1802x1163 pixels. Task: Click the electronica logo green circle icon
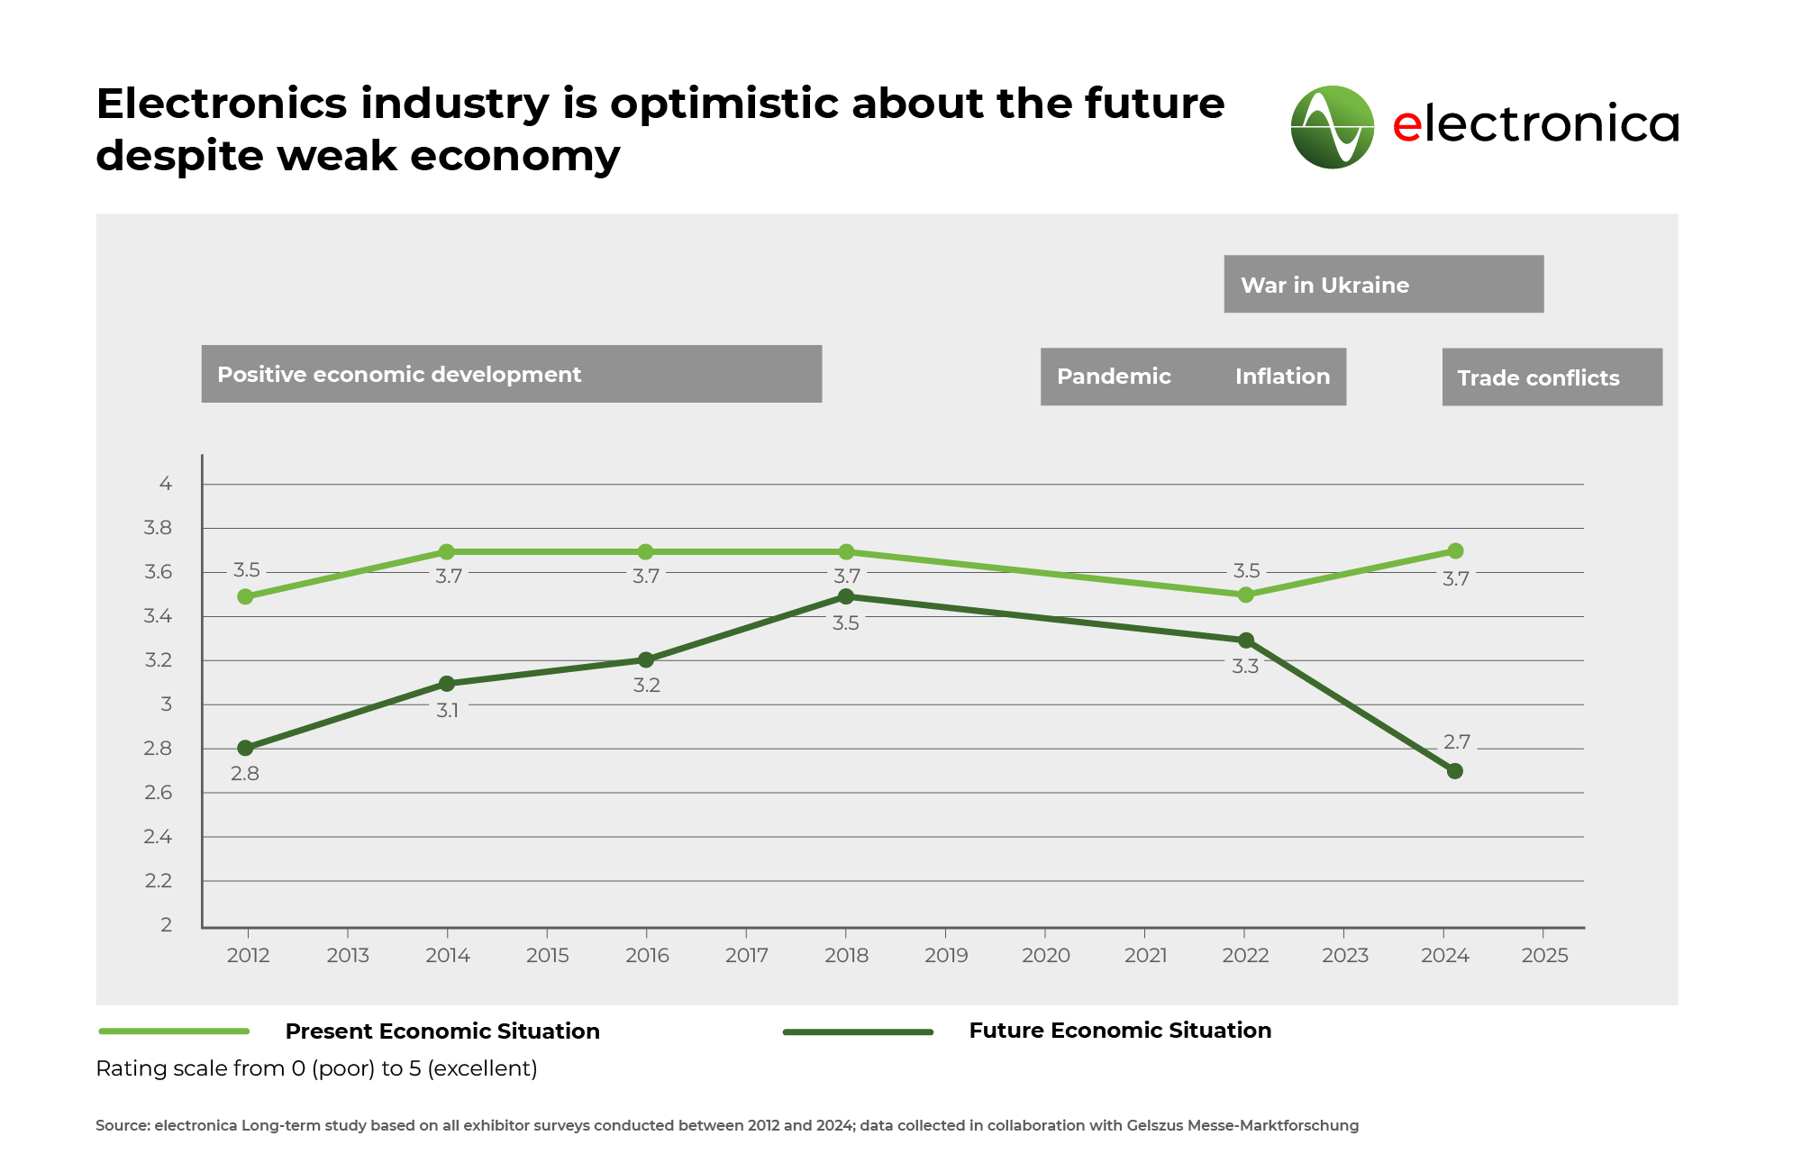tap(1332, 127)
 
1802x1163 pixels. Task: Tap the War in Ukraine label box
tap(1383, 285)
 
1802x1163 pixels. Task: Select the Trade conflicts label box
tap(1552, 377)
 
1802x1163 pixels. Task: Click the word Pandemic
tap(1114, 377)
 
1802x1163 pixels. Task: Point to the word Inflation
tap(1282, 377)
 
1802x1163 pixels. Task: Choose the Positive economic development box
tap(511, 374)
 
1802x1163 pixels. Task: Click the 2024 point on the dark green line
tap(1454, 771)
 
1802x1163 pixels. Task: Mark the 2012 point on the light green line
tap(245, 596)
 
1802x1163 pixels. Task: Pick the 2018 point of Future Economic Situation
tap(846, 596)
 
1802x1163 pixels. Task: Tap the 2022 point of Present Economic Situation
tap(1245, 595)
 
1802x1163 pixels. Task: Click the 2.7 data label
tap(1456, 742)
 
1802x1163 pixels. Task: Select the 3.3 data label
tap(1245, 667)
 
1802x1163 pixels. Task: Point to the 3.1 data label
tap(448, 711)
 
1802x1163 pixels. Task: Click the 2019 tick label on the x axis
tap(946, 956)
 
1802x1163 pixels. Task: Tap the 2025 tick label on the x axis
tap(1544, 956)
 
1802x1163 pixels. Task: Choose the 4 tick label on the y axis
tap(166, 484)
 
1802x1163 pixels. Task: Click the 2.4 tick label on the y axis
tap(158, 837)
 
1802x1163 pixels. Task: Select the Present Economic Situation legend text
tap(442, 1031)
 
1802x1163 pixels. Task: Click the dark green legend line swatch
tap(858, 1032)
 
